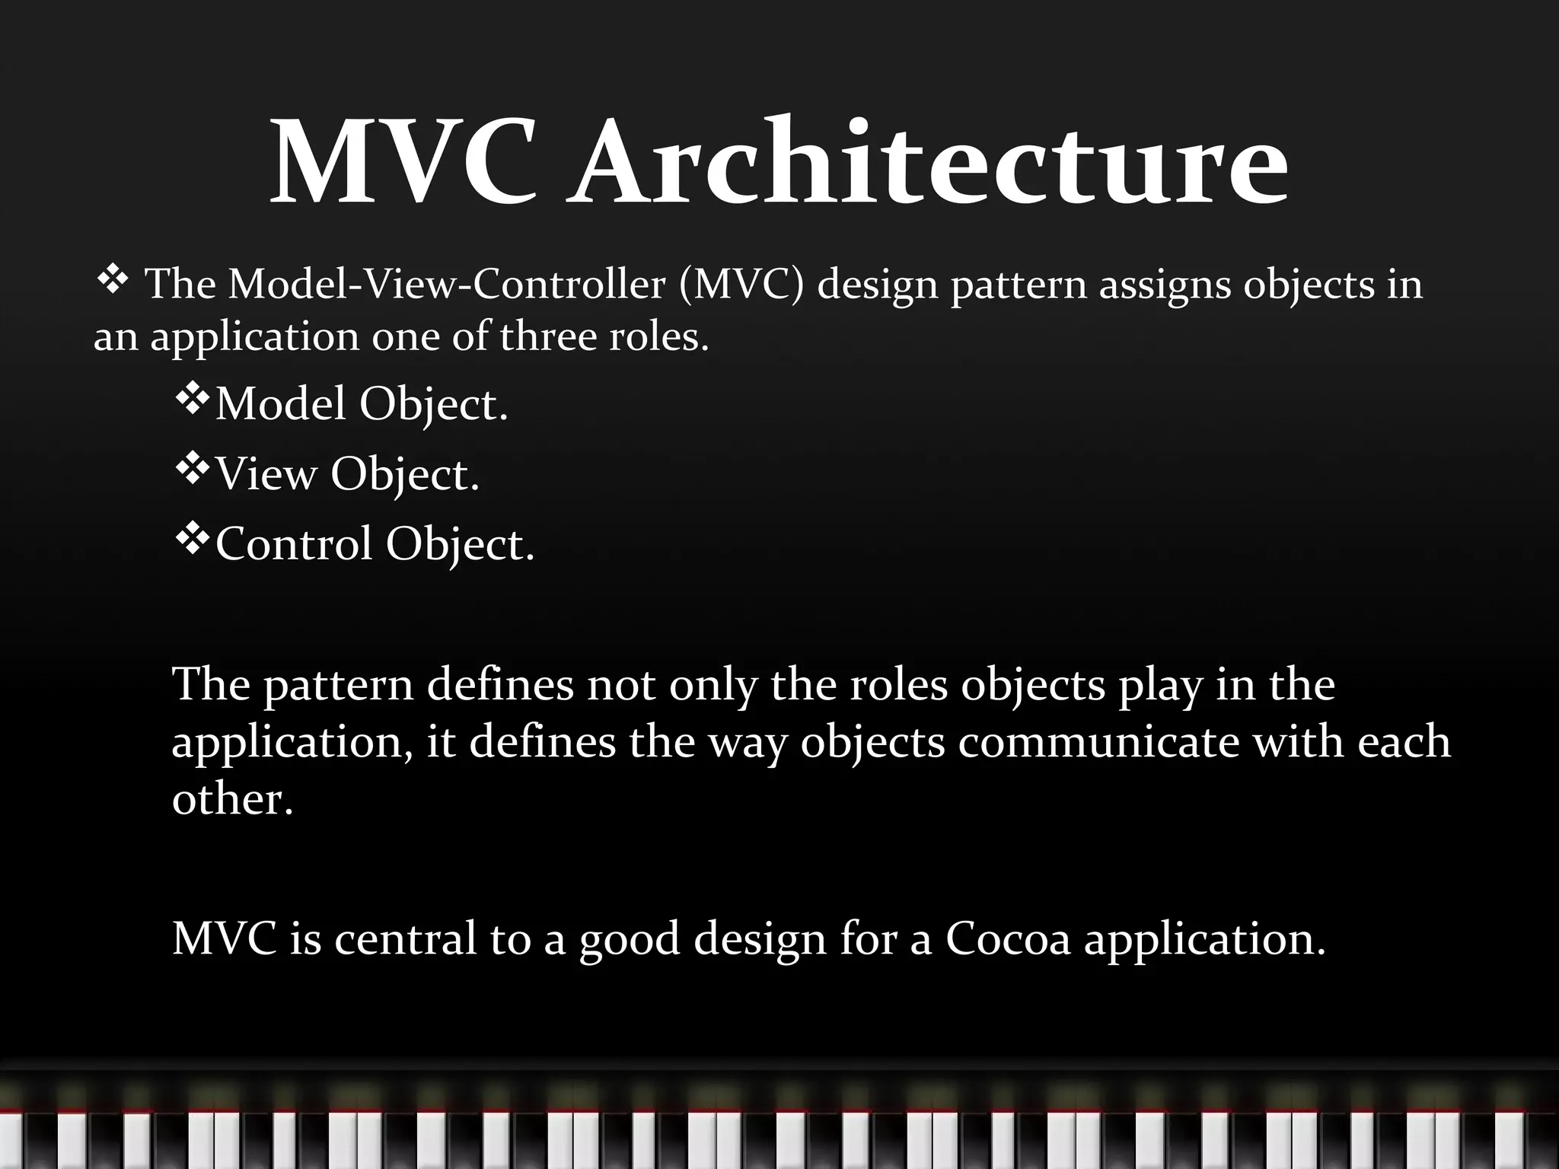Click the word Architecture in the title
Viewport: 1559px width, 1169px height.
[929, 164]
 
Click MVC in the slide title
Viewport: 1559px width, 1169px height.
[403, 164]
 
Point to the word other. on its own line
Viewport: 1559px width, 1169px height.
[232, 799]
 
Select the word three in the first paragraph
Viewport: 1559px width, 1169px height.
[547, 336]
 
